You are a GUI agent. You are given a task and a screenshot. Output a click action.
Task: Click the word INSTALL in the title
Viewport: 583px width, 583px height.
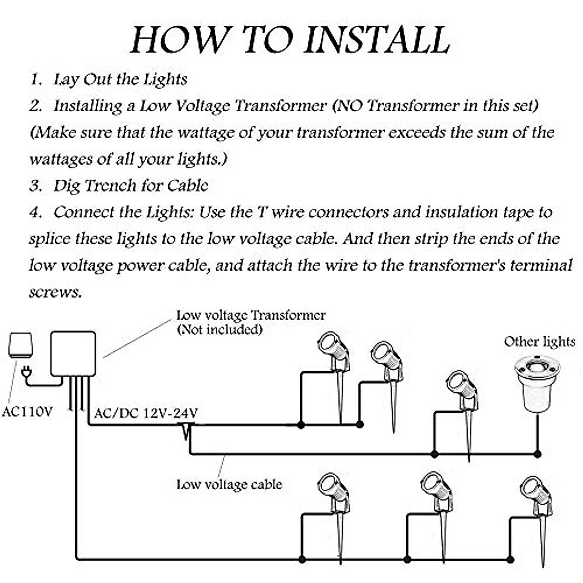[x=377, y=40]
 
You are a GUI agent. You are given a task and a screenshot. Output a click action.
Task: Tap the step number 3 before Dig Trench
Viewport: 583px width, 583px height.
[x=35, y=186]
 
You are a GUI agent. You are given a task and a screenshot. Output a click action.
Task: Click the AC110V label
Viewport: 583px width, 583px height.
[x=28, y=412]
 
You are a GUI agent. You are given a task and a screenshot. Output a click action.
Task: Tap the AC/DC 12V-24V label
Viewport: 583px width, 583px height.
[x=146, y=412]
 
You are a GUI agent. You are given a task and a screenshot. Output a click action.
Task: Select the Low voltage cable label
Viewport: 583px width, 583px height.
[x=229, y=484]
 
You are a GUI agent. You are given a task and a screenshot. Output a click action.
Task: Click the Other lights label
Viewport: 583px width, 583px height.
[x=539, y=342]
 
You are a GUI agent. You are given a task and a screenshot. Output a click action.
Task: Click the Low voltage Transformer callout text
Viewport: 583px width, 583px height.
[x=251, y=316]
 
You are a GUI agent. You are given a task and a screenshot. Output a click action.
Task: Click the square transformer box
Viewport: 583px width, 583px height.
[x=73, y=354]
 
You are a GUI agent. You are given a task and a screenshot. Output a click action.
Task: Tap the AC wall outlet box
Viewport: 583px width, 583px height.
[x=20, y=345]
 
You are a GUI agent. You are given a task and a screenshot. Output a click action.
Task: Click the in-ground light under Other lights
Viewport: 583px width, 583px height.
[x=537, y=384]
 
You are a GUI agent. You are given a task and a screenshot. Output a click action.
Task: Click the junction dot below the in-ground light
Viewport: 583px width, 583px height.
[x=538, y=454]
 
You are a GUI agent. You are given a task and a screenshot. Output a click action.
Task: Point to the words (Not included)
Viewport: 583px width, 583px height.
[x=220, y=329]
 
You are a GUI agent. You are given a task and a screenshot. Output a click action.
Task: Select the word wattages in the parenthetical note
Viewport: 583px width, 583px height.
[x=61, y=159]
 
